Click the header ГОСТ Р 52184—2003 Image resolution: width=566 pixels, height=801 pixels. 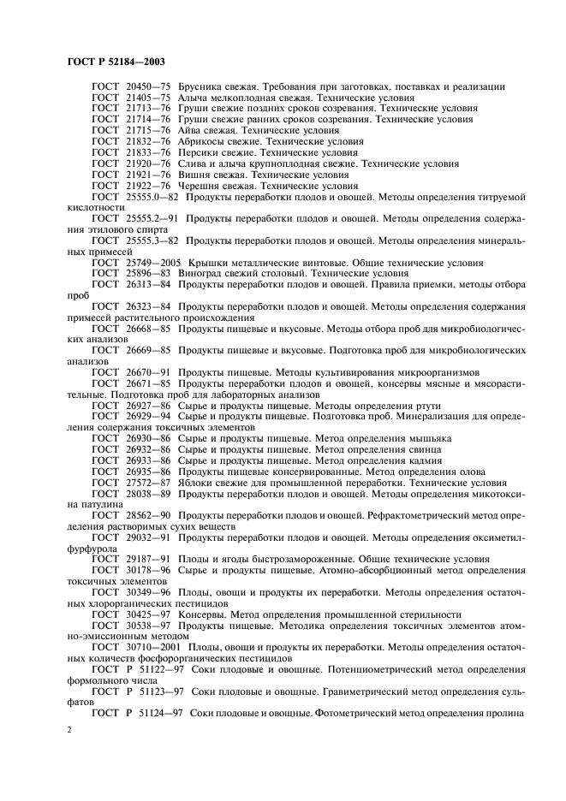coord(116,62)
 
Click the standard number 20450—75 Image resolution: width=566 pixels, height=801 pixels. coord(148,86)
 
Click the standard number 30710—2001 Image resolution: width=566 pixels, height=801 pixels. coord(154,648)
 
